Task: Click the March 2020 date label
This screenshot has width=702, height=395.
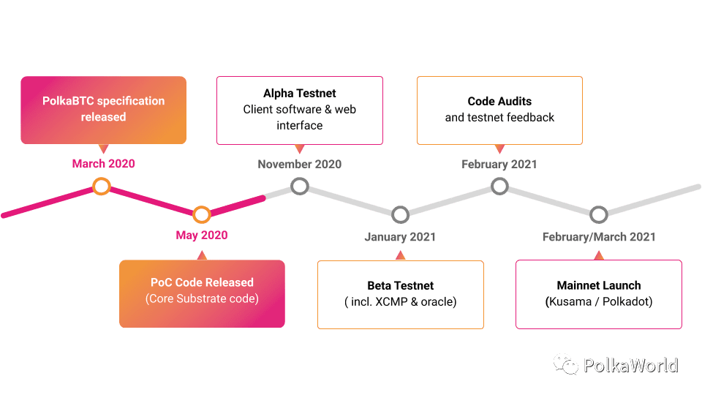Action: [x=103, y=163]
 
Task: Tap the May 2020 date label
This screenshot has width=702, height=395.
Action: [x=202, y=235]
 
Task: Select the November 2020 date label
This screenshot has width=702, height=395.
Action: [x=300, y=165]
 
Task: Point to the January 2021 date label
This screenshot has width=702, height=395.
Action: [x=400, y=237]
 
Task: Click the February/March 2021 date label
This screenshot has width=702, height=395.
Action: [x=599, y=237]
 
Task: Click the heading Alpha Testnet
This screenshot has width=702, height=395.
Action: [x=300, y=93]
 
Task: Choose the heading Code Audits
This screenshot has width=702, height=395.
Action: [x=499, y=101]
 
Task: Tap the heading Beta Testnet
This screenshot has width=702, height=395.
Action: [x=400, y=285]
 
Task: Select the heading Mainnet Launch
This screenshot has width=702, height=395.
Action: [x=599, y=285]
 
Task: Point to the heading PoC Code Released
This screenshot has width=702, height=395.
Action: [x=202, y=282]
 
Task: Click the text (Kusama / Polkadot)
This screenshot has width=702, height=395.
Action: [x=599, y=301]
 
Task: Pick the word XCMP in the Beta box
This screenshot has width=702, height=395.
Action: [x=391, y=302]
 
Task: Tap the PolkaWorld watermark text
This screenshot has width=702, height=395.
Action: [x=631, y=366]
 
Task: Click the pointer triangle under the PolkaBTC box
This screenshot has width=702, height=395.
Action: [x=103, y=148]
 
